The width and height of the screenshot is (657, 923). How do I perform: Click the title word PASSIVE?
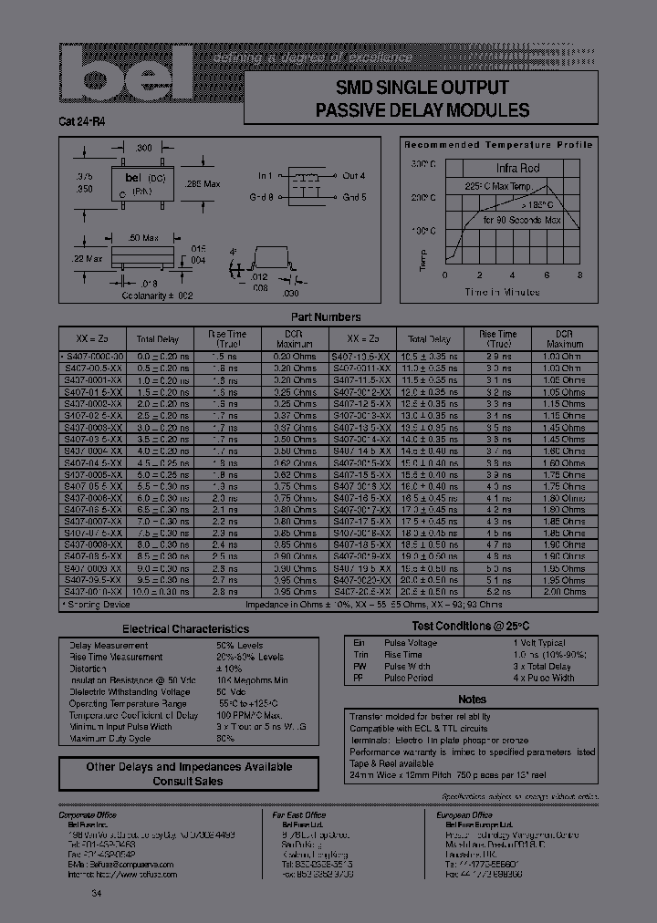(355, 110)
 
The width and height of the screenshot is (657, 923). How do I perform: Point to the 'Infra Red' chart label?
(517, 168)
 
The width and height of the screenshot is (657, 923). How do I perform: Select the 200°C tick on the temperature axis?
(423, 197)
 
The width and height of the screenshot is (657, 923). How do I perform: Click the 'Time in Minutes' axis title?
(502, 292)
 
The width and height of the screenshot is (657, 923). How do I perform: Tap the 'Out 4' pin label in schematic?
(352, 175)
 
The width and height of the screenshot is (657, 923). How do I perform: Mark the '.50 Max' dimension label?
(143, 238)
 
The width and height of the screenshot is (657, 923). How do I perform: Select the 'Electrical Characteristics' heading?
(185, 628)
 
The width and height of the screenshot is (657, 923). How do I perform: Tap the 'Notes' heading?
(472, 699)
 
